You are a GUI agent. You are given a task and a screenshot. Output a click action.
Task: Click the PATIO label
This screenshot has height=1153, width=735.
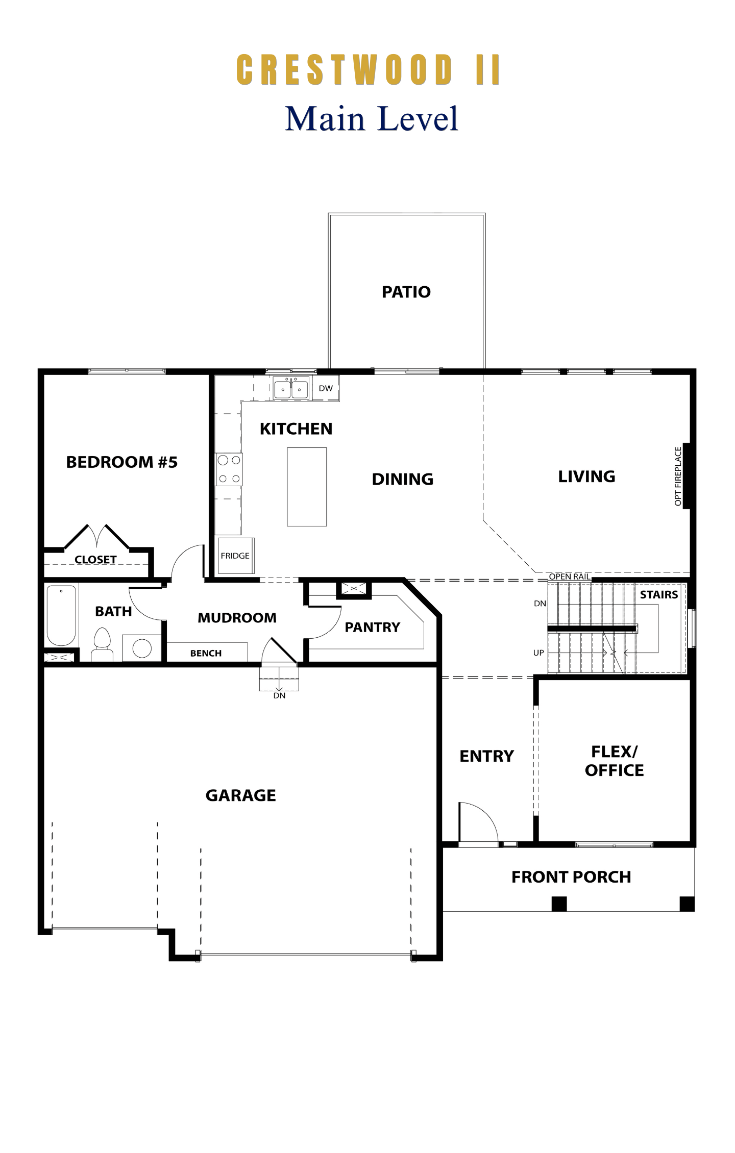point(406,292)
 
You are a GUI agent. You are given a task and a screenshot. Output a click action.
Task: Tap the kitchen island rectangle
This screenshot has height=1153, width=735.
point(307,487)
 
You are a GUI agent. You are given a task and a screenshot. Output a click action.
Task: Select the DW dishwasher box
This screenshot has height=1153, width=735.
point(326,388)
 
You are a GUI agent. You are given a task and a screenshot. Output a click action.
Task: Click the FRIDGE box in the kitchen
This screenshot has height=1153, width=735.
point(235,556)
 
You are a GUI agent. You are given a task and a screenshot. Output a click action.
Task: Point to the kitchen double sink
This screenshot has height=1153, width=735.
point(291,389)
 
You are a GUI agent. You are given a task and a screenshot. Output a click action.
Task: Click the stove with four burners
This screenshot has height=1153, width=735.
point(229,469)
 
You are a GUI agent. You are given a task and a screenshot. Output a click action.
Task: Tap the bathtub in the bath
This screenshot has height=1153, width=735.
point(61,616)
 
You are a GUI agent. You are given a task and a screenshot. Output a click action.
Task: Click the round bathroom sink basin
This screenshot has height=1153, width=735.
point(142,648)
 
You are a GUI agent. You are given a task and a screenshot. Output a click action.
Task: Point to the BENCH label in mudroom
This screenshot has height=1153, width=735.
point(206,653)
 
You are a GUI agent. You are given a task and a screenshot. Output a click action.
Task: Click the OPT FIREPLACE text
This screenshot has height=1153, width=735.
point(678,477)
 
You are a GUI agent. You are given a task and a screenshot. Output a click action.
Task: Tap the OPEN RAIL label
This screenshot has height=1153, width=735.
point(570,576)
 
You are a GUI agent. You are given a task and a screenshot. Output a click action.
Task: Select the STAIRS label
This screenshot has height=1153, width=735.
point(659,594)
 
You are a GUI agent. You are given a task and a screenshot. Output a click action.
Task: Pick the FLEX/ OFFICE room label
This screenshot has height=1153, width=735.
point(615,761)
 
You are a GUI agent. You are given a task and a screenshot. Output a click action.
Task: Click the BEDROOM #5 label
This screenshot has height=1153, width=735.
point(122,462)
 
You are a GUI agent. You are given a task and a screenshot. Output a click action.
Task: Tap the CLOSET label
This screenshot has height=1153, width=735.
point(95,560)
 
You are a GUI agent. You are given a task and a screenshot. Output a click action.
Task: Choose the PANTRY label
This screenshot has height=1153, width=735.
point(373,627)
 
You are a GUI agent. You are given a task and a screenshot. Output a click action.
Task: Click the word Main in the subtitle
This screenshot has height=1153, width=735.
point(325,118)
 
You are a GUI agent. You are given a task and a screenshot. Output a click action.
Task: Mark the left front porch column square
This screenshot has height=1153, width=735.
point(559,904)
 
